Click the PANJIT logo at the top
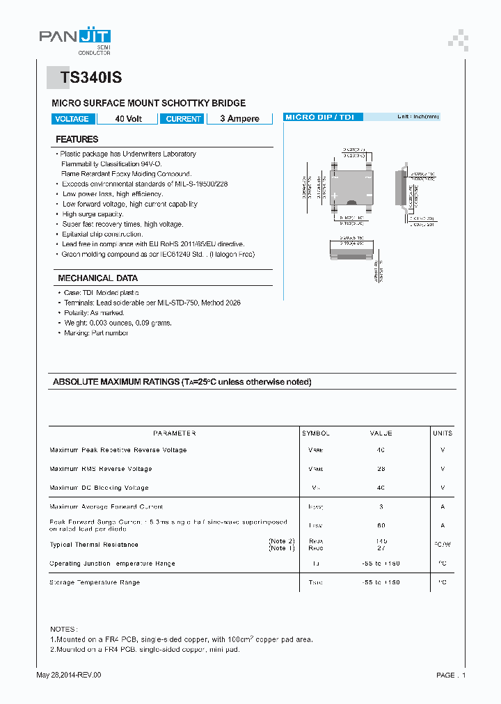(74, 39)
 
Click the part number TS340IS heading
(90, 79)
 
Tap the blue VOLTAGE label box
(72, 119)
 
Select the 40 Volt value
(128, 119)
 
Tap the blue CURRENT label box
(184, 119)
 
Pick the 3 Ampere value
(239, 119)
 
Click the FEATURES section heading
(77, 139)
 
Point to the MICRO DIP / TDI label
(319, 117)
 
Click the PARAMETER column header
(174, 433)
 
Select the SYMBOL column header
(315, 433)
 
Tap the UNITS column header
(442, 433)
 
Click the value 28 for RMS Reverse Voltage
(381, 469)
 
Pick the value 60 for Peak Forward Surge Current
(381, 525)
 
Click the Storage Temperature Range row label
(95, 582)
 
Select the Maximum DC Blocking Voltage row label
(99, 488)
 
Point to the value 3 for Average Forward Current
(381, 506)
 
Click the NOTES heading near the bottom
(64, 628)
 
